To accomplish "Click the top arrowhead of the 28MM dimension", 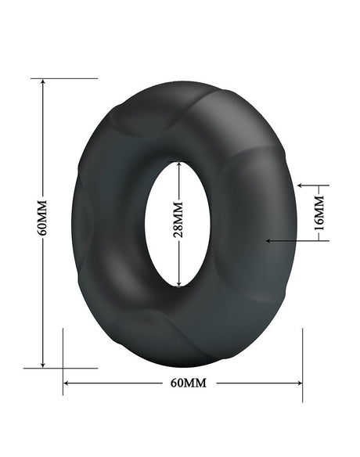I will click(x=180, y=164).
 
